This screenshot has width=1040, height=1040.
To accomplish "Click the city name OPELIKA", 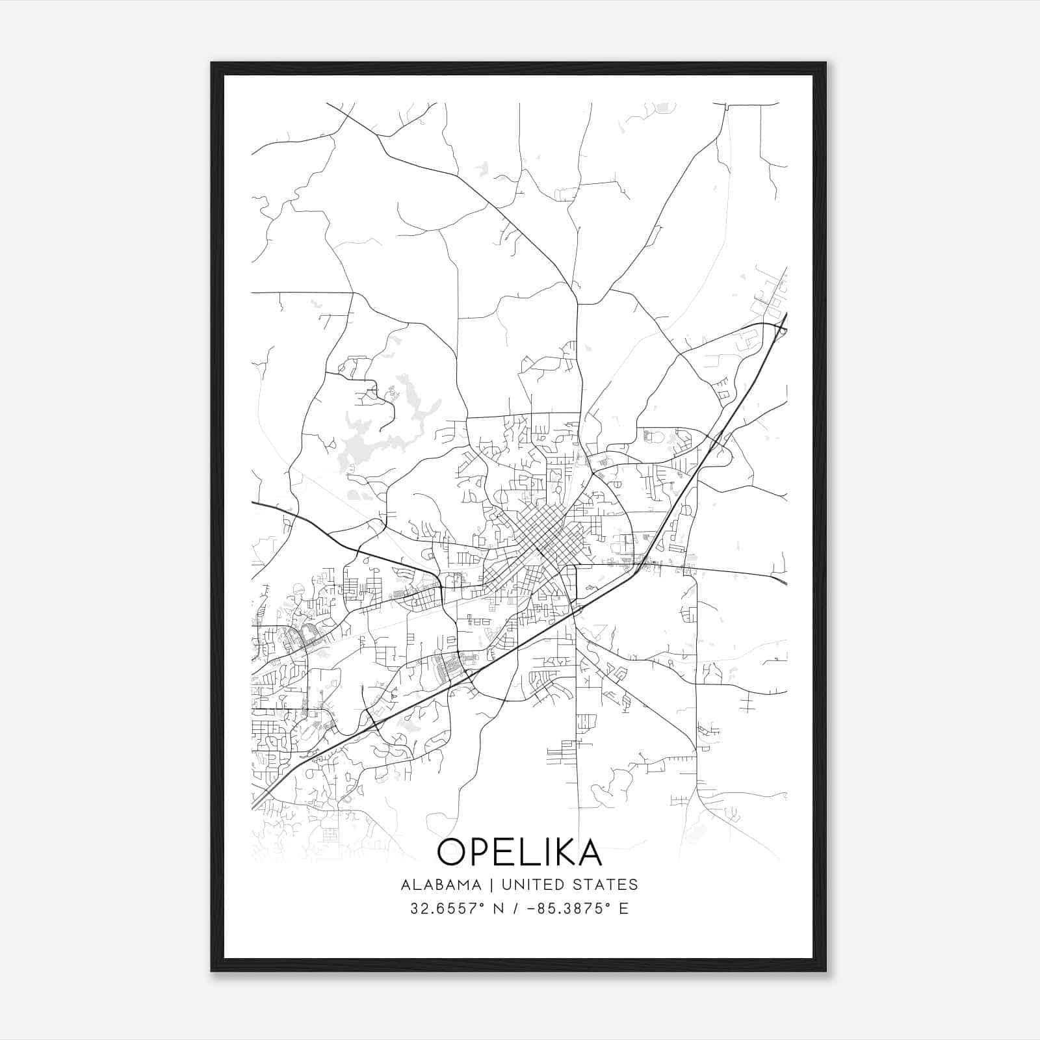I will pyautogui.click(x=519, y=851).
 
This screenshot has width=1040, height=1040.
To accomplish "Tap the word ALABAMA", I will pyautogui.click(x=441, y=885).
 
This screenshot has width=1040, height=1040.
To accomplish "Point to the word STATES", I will pyautogui.click(x=606, y=885).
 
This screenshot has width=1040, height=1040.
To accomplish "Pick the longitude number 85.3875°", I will pyautogui.click(x=574, y=909).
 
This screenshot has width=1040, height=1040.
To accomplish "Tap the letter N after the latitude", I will pyautogui.click(x=499, y=909).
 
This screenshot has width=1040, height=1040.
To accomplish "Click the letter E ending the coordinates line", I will pyautogui.click(x=624, y=909).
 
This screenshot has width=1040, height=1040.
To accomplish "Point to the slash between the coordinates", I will pyautogui.click(x=516, y=909).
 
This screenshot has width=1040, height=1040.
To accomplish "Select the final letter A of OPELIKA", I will pyautogui.click(x=588, y=851).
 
